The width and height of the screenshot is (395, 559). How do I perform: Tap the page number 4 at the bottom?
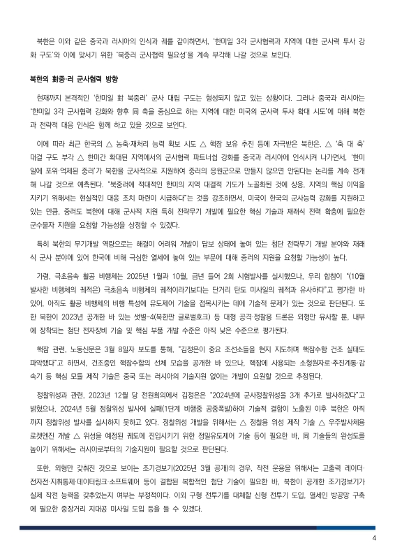coord(374,537)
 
